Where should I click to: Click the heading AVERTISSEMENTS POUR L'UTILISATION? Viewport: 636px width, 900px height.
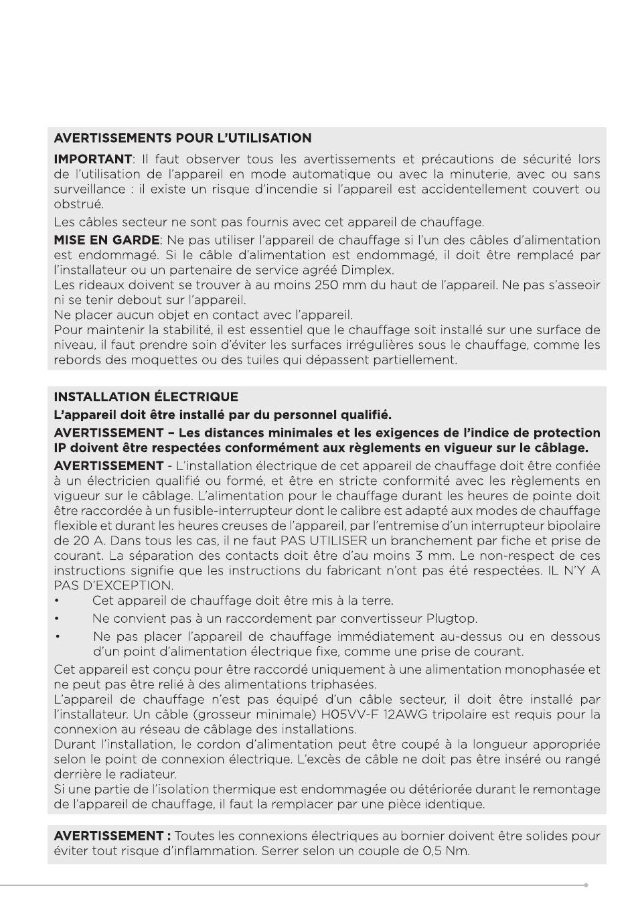(x=182, y=139)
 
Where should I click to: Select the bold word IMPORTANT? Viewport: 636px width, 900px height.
(x=92, y=159)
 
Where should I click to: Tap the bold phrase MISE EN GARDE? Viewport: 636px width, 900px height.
(x=106, y=240)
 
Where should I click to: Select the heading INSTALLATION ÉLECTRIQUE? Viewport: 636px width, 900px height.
(x=145, y=396)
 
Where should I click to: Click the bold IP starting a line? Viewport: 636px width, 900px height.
(x=61, y=448)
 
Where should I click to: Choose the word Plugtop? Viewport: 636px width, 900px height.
(x=452, y=618)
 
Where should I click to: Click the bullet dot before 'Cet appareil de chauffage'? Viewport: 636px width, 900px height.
(x=58, y=601)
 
